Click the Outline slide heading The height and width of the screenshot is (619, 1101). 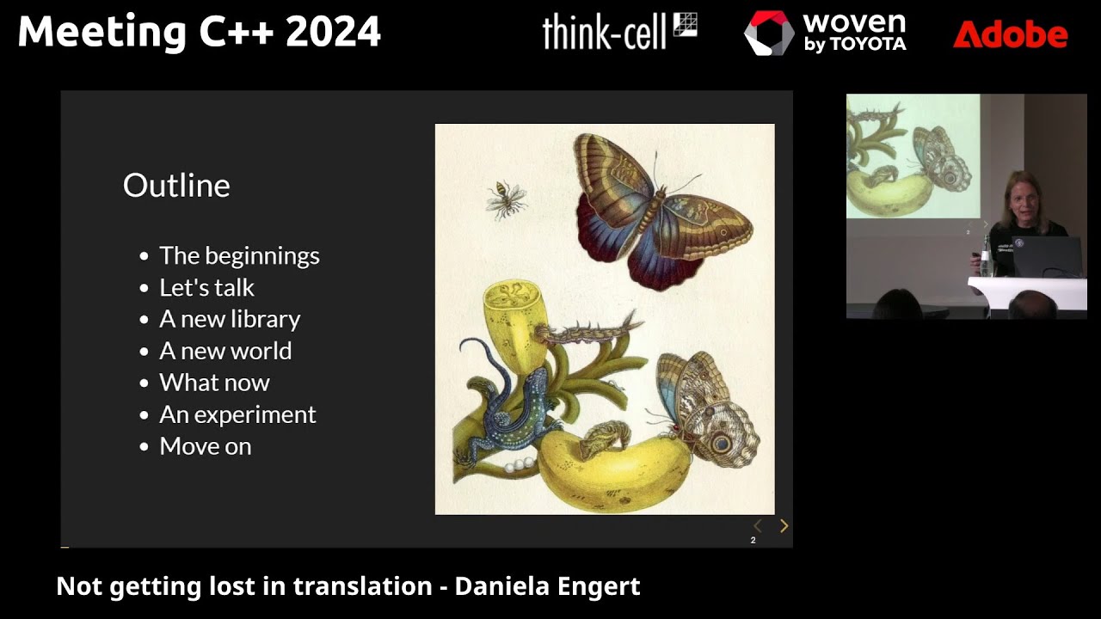(176, 186)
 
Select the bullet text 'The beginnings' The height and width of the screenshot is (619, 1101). (239, 255)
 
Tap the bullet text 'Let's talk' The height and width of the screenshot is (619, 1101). (206, 287)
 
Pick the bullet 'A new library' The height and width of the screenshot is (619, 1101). (230, 319)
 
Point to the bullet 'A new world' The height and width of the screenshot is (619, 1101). (225, 351)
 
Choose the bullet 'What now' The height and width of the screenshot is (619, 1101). (214, 383)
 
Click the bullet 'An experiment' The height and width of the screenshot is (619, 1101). (237, 414)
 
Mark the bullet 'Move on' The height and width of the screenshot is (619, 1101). (205, 446)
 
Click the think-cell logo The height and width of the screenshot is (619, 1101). (618, 32)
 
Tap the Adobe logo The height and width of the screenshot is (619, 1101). (1010, 34)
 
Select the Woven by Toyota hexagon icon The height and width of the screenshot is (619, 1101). (768, 34)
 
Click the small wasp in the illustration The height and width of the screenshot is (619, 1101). (506, 199)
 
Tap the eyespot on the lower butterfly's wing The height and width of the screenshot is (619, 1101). (721, 444)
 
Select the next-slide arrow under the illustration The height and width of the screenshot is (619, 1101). (784, 526)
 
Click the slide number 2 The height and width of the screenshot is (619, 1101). (753, 540)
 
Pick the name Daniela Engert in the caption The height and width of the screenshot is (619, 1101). (547, 586)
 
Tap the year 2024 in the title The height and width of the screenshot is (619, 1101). (333, 33)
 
